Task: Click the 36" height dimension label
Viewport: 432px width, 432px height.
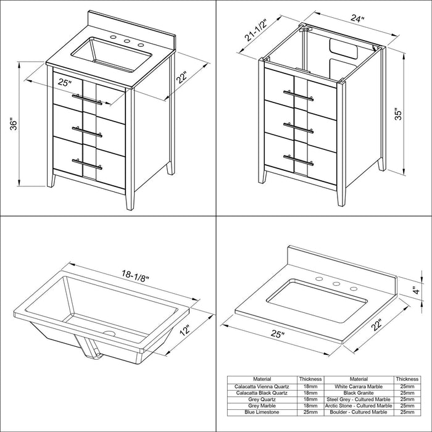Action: coord(14,125)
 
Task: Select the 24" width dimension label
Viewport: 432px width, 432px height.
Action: coord(357,18)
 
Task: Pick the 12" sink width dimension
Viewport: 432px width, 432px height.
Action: coord(185,330)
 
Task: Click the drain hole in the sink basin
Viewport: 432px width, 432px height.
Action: coord(109,333)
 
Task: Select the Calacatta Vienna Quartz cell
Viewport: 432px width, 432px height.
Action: coord(262,386)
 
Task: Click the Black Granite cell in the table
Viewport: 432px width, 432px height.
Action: coord(359,393)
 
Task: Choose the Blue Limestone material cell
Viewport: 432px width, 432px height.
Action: coord(262,412)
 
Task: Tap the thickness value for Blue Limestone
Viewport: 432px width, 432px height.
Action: coord(310,412)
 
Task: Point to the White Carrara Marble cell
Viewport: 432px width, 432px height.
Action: coord(359,386)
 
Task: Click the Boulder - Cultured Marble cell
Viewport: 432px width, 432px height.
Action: coord(359,412)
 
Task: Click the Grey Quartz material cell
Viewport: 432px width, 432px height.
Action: coord(262,399)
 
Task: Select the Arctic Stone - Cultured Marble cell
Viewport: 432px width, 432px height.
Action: coord(359,406)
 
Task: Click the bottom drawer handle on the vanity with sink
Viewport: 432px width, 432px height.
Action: coord(87,164)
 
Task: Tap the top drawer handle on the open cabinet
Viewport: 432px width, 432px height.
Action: coord(298,95)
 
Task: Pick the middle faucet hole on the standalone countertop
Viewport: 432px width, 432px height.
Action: coord(336,283)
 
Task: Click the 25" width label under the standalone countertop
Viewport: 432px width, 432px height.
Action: coord(278,334)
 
